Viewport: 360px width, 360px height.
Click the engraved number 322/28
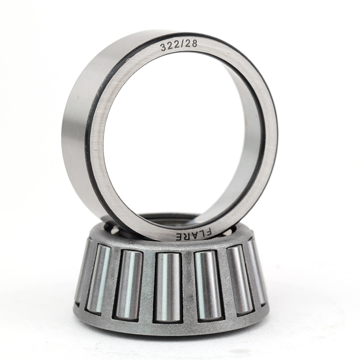coord(179,45)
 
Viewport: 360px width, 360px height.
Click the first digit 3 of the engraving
coord(163,47)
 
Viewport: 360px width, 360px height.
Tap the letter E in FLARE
coord(179,237)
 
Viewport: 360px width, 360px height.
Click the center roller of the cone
coord(167,287)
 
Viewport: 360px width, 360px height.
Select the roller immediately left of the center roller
coord(129,284)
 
